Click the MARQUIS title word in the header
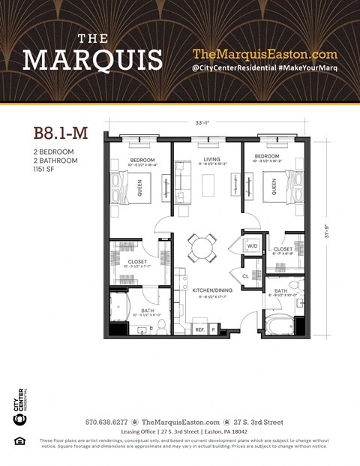tap(92, 59)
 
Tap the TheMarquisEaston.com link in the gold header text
tap(265, 54)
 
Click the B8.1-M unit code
tap(61, 133)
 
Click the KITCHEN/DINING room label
tap(211, 290)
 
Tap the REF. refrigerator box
tap(200, 329)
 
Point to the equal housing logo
tap(19, 440)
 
